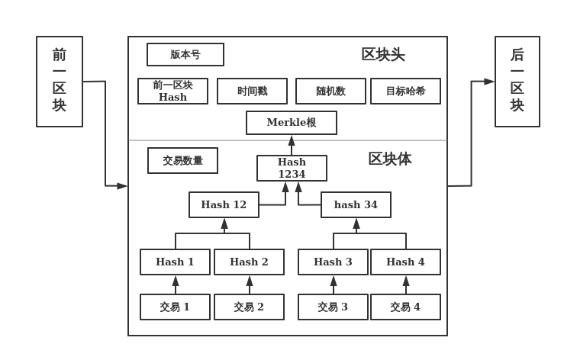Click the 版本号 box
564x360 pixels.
pos(185,55)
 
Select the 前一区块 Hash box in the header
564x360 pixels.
pos(172,91)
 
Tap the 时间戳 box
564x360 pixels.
pos(252,91)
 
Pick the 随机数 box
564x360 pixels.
pos(330,91)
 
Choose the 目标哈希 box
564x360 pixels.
pos(405,91)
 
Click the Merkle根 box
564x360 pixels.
pos(292,123)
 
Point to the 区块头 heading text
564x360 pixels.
pos(383,55)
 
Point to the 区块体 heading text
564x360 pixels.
pos(389,159)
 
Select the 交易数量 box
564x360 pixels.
pos(182,161)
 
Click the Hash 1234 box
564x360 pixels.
pos(292,168)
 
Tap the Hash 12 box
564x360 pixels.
pos(224,204)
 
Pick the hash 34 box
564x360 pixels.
pos(356,204)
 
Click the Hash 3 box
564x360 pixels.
pos(333,262)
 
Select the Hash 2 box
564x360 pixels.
pos(249,262)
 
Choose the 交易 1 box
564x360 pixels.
pos(175,307)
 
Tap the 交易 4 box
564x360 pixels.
pos(405,307)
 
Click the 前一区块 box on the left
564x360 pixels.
pos(60,81)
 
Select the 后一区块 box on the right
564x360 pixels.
pos(517,81)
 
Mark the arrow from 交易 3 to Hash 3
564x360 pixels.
pos(334,285)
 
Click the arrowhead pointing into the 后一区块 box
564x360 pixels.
pos(489,82)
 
